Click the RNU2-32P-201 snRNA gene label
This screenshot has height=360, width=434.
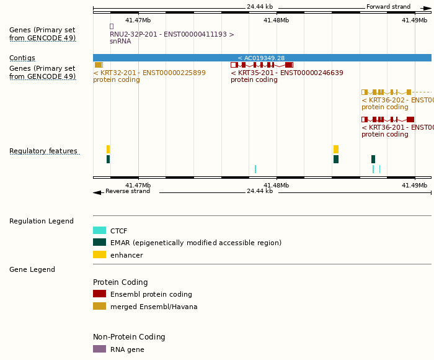(x=172, y=35)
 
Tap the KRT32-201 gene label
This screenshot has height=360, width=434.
(x=149, y=73)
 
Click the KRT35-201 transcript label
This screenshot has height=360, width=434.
(x=286, y=73)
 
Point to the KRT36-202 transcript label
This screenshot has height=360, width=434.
(x=397, y=100)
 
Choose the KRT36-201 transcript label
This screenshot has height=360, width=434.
(x=397, y=127)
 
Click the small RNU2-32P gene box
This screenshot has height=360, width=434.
(x=112, y=26)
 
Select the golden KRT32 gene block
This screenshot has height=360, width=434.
(x=98, y=65)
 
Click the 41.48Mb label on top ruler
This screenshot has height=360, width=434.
(x=276, y=20)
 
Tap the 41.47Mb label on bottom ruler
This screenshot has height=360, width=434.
(x=138, y=185)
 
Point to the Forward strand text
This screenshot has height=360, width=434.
(x=388, y=7)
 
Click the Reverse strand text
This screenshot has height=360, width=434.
(x=128, y=191)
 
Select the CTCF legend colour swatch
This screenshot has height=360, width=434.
(x=99, y=230)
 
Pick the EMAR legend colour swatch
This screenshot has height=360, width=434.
(x=99, y=242)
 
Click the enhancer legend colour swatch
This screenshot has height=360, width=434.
(x=99, y=254)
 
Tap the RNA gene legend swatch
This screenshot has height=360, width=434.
(x=99, y=349)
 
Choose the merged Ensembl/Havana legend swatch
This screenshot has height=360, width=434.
(x=99, y=306)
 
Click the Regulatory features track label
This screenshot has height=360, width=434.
(x=43, y=151)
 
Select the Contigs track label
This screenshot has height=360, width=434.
(x=22, y=58)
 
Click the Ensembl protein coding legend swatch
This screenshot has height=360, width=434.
(x=99, y=294)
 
